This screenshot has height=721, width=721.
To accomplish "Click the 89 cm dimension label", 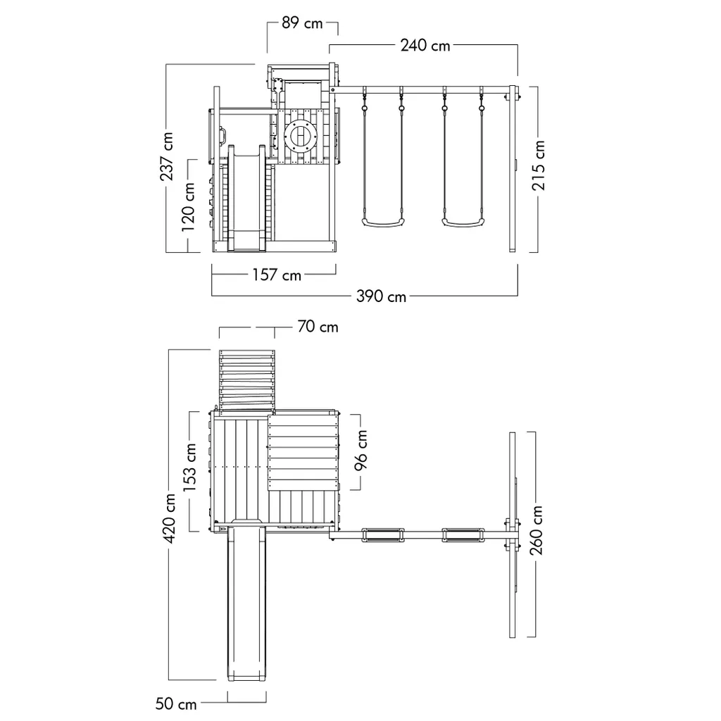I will pyautogui.click(x=302, y=23).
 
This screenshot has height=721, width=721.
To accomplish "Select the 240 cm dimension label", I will pyautogui.click(x=425, y=46).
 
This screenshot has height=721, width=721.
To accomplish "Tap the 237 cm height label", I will pyautogui.click(x=168, y=156).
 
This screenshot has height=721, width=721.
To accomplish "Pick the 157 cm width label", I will pyautogui.click(x=277, y=275).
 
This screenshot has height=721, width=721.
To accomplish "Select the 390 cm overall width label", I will pyautogui.click(x=382, y=296).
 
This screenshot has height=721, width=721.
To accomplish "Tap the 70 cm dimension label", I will pyautogui.click(x=318, y=327).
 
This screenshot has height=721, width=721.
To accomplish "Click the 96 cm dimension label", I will pyautogui.click(x=361, y=451).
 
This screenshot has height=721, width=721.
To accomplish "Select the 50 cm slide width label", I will pyautogui.click(x=177, y=703).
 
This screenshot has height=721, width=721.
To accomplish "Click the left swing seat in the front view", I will pyautogui.click(x=383, y=223).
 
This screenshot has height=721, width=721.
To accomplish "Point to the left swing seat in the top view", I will pyautogui.click(x=383, y=536).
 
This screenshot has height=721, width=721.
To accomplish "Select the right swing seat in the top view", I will pyautogui.click(x=462, y=536).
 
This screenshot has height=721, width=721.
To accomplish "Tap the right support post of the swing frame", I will pyautogui.click(x=513, y=169).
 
